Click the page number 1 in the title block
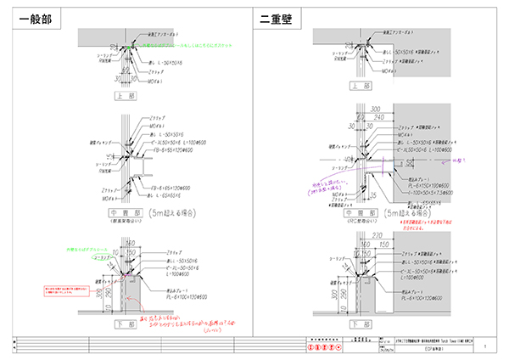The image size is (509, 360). point(484,346)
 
